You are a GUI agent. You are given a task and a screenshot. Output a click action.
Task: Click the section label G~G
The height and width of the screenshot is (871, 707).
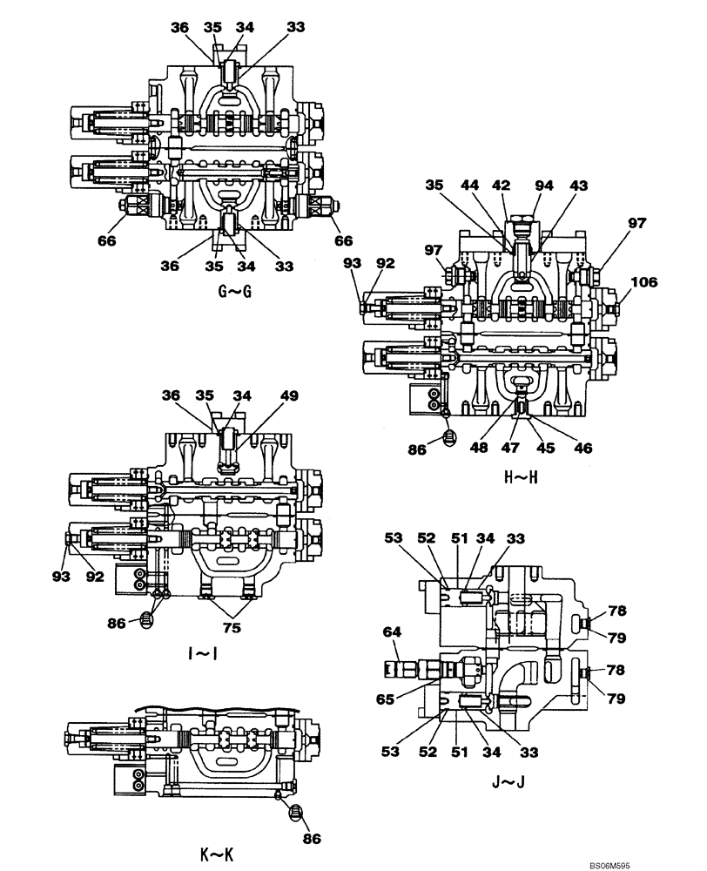point(234,291)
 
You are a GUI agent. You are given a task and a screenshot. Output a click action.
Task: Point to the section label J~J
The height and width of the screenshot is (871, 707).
point(507,781)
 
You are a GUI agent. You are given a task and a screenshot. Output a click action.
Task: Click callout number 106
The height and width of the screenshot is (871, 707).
point(645,281)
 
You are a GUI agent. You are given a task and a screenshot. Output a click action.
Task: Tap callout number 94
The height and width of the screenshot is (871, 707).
point(543,185)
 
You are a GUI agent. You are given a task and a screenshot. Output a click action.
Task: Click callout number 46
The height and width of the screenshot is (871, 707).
point(582,449)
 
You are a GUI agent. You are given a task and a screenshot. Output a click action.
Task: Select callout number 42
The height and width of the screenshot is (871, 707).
point(502,185)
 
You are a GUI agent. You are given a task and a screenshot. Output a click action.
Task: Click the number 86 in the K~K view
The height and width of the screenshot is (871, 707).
point(311,840)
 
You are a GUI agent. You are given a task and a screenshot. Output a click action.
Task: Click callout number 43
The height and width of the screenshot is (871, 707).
point(578,185)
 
